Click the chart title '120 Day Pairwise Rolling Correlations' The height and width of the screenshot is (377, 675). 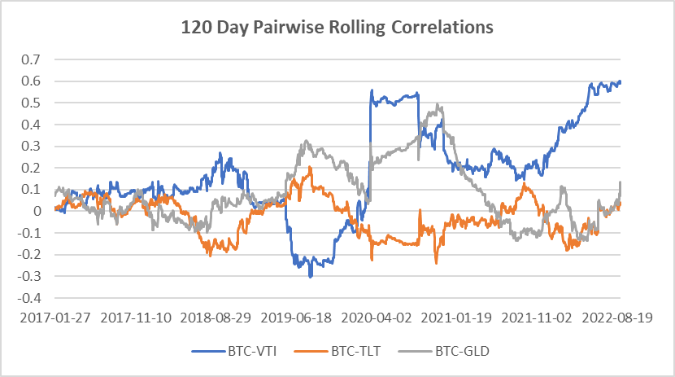tap(337, 27)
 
